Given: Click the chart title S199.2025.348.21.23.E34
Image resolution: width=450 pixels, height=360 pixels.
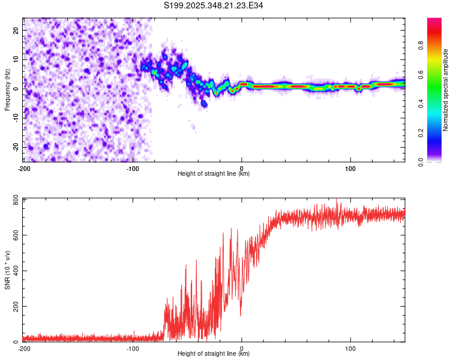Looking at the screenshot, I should point(214,5).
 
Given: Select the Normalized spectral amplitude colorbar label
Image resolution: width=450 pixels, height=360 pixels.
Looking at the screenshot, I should point(446,91).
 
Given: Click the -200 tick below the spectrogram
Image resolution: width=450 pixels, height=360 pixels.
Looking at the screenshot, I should point(24,167).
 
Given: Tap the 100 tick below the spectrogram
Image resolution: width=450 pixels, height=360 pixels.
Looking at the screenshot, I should point(350,167).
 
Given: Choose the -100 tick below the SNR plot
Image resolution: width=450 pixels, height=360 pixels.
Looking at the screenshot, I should point(133,349).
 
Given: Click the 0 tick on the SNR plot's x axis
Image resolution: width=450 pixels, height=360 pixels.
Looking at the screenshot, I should point(242,349).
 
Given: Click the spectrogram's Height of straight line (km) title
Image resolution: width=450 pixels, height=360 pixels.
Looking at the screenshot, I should point(214,174).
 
